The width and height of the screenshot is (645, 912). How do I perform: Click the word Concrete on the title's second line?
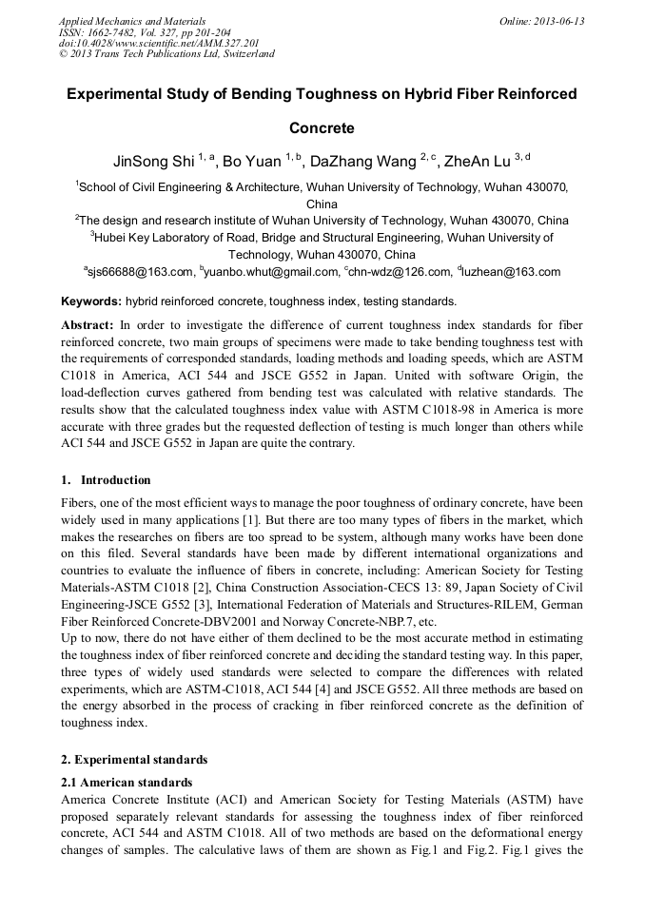[322, 127]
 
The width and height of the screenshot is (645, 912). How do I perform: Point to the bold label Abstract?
[88, 325]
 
